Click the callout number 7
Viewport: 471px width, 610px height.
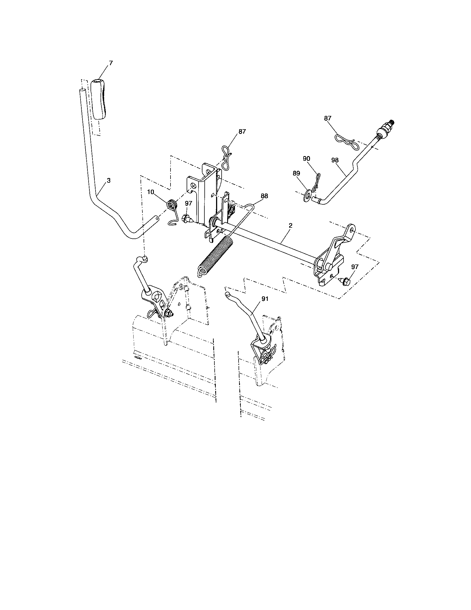coord(111,63)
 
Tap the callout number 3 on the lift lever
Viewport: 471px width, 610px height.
coord(109,181)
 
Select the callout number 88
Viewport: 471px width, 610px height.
coord(264,196)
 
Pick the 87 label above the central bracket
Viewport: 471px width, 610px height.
coord(242,131)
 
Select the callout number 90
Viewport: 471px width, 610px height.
coord(307,159)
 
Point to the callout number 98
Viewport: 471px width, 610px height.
coord(335,160)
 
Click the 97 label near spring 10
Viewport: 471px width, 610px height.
coord(189,203)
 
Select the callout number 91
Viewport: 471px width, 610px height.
coord(265,299)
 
